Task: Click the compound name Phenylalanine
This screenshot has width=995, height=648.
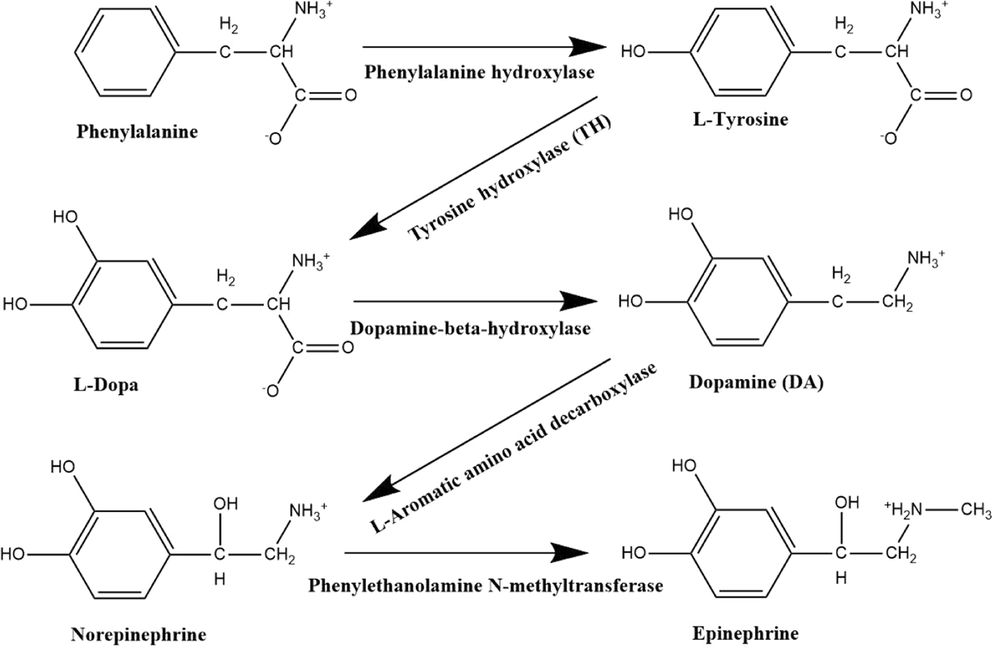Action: (x=137, y=133)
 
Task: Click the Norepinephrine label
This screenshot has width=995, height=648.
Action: (x=138, y=634)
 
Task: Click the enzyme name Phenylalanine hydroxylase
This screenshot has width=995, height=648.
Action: (x=479, y=75)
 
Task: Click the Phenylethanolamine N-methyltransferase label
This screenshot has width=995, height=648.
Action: (x=485, y=585)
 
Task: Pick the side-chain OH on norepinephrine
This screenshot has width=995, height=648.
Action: (x=226, y=505)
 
